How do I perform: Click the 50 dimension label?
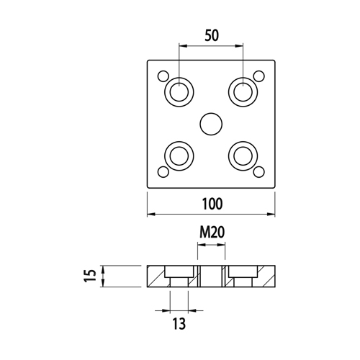click(x=212, y=35)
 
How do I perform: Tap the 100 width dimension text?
click(x=212, y=204)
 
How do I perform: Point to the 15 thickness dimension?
click(x=90, y=276)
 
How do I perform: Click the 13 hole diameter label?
click(x=179, y=323)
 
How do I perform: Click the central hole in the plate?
click(x=211, y=124)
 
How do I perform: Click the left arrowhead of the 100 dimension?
click(x=150, y=214)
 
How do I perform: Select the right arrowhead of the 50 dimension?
click(x=239, y=45)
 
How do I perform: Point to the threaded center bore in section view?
click(x=211, y=276)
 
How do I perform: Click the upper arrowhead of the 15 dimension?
click(x=103, y=269)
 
